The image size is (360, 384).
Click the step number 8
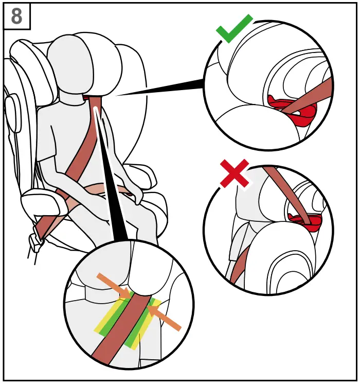[16, 16]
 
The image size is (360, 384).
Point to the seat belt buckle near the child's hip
[37, 239]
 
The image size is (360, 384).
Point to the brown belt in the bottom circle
[123, 329]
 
